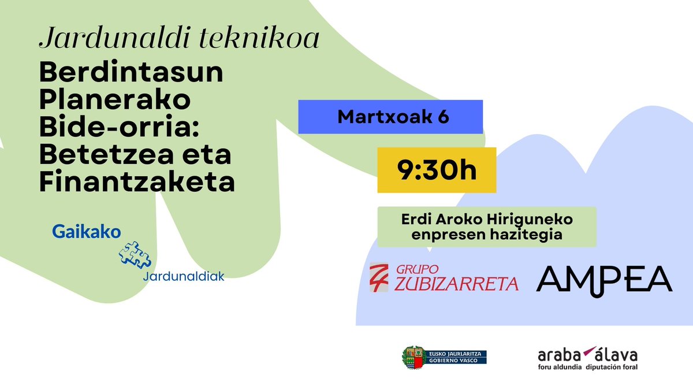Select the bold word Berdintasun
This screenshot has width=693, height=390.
pyautogui.click(x=131, y=73)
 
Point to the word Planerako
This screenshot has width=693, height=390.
pyautogui.click(x=115, y=101)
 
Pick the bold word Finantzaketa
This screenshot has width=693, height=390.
pyautogui.click(x=137, y=183)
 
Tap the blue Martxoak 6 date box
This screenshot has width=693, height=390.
pyautogui.click(x=390, y=117)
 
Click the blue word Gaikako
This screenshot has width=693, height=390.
pyautogui.click(x=87, y=232)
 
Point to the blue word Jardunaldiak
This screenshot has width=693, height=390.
pyautogui.click(x=183, y=276)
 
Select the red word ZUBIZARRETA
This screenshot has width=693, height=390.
pyautogui.click(x=457, y=284)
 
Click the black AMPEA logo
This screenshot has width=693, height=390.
pyautogui.click(x=604, y=278)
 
